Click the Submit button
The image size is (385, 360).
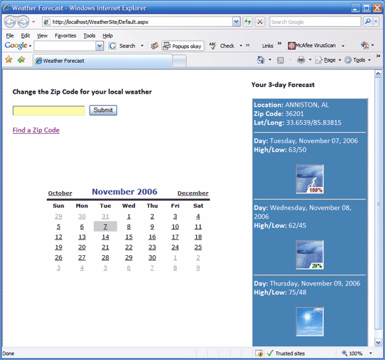click(x=103, y=110)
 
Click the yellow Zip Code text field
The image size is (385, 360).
click(x=49, y=111)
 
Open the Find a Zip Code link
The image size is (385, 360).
click(x=36, y=130)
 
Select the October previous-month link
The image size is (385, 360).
click(x=60, y=194)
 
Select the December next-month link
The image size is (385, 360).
click(x=192, y=194)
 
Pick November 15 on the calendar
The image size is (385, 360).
click(x=128, y=237)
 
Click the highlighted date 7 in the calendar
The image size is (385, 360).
click(x=106, y=227)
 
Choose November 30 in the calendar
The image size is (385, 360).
click(x=152, y=258)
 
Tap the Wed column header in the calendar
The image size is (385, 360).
click(x=128, y=206)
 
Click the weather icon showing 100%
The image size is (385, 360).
click(x=310, y=179)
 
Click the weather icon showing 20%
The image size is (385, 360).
click(x=310, y=255)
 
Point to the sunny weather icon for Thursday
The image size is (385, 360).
click(x=310, y=321)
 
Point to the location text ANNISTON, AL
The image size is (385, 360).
click(x=307, y=105)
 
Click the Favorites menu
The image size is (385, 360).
click(x=65, y=36)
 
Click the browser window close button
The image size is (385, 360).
click(x=376, y=7)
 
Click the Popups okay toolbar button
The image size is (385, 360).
click(x=183, y=46)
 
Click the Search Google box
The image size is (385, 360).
click(x=315, y=22)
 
